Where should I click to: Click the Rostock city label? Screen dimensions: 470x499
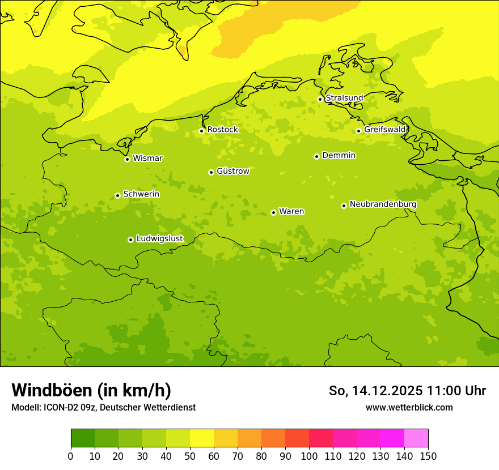point(222,130)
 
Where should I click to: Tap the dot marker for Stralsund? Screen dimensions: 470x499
point(320,99)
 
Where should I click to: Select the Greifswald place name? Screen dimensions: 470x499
point(384,130)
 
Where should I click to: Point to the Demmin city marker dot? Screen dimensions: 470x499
point(316,156)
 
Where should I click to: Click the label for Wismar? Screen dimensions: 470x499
point(147,158)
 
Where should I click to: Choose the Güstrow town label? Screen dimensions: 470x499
point(232,171)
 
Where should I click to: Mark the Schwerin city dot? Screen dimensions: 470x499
point(117,195)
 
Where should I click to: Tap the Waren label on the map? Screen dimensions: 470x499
point(291,211)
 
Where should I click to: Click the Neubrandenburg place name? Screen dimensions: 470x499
point(383,204)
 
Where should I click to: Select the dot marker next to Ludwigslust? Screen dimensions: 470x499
point(130,240)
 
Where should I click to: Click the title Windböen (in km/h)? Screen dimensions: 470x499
point(91,390)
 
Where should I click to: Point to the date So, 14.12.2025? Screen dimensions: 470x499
point(375,391)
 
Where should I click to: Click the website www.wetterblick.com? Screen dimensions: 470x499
point(409,408)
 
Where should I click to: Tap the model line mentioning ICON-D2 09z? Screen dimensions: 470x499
point(103,408)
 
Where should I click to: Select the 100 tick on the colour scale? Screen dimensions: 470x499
point(309,456)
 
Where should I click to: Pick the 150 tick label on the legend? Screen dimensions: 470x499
point(428,456)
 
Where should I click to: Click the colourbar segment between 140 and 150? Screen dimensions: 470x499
point(416,438)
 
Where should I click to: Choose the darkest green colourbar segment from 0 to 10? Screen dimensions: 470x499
point(83,438)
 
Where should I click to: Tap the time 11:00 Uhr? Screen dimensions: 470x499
point(456,391)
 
